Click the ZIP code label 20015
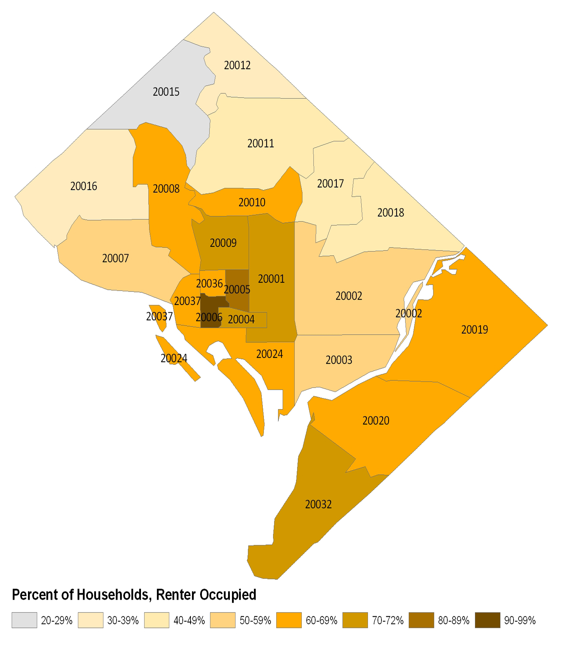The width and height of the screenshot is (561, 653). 166,92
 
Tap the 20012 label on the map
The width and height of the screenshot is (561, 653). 237,65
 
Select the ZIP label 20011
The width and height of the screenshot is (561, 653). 261,143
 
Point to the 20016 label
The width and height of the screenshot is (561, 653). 84,186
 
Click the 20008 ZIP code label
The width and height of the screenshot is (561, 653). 166,189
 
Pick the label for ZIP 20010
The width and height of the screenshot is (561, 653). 252,202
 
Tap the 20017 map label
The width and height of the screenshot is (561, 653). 330,183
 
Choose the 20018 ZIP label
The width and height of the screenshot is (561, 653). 391,212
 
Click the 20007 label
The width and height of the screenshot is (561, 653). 115,258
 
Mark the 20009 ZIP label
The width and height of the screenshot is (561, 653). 223,243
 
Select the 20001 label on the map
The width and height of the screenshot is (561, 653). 271,279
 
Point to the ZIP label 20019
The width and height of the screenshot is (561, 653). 475,329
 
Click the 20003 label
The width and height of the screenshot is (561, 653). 339,360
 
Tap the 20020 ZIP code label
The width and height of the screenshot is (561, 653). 376,420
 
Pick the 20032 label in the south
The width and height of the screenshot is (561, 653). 318,504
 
